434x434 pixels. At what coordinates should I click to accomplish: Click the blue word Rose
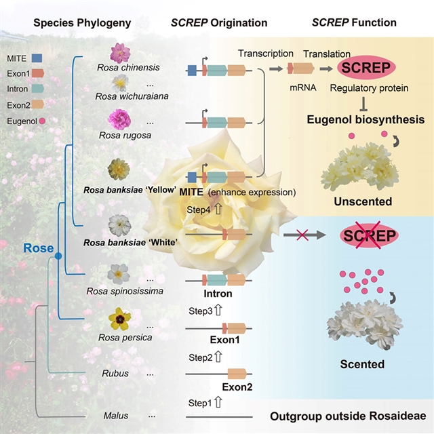click(x=37, y=249)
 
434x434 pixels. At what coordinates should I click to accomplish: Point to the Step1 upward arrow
click(x=218, y=403)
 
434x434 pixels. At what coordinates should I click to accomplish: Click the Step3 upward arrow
click(x=218, y=311)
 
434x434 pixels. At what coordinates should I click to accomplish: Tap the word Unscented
click(x=363, y=201)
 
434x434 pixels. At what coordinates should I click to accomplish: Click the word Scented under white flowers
click(x=362, y=364)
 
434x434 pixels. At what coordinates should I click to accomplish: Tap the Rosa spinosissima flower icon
click(x=119, y=273)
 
